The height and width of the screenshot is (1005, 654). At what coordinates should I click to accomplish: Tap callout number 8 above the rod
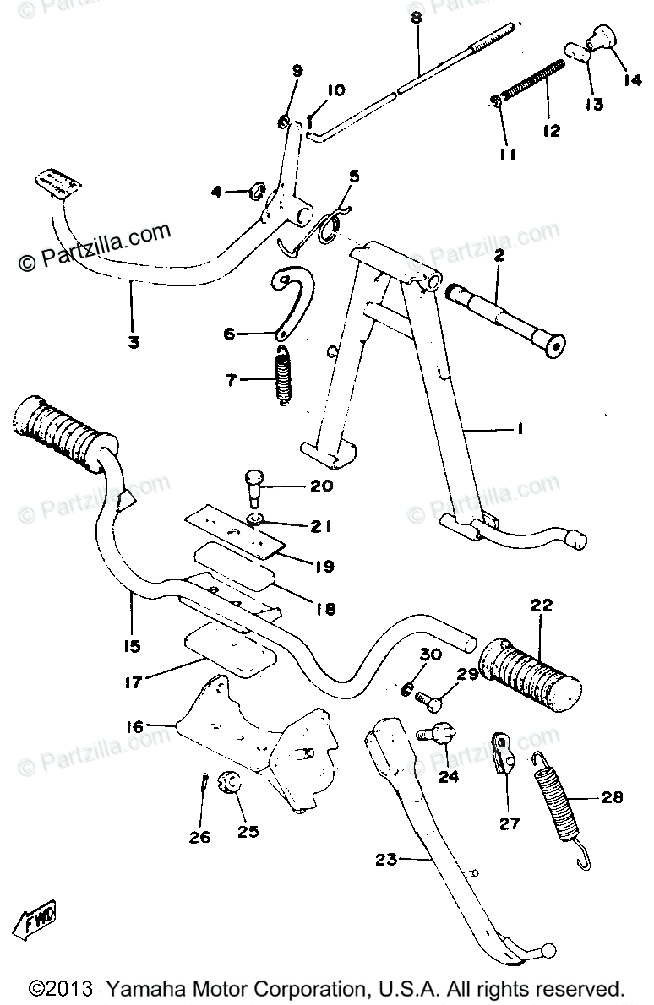point(416,17)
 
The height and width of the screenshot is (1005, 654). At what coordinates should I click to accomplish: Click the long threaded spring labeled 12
point(532,80)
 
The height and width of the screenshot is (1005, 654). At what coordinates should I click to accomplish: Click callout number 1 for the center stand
point(521,429)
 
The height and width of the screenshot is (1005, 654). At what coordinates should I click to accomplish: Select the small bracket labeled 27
point(504,752)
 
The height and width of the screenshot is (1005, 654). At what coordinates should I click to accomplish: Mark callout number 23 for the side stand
point(385,861)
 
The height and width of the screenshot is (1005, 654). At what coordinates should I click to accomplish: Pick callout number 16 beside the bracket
point(135,725)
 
